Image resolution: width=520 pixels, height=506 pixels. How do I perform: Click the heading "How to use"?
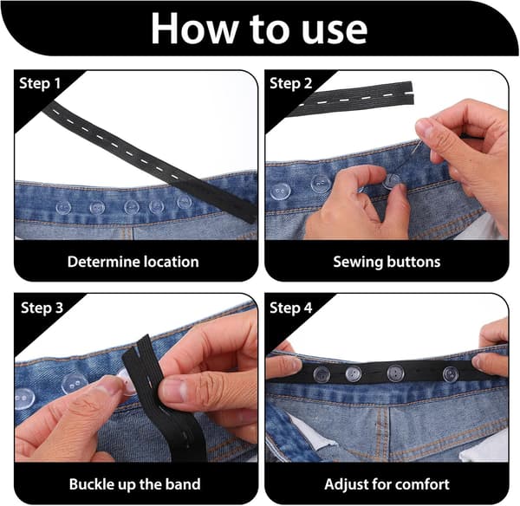[x=259, y=29]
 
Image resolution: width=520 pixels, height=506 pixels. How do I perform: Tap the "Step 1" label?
[x=40, y=83]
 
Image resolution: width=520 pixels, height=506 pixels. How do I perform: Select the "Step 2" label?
[x=291, y=83]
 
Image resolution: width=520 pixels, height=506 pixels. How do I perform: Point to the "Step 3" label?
[x=42, y=308]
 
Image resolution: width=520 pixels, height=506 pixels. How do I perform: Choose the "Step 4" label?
[x=291, y=308]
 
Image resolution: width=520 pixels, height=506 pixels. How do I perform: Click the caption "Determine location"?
[x=133, y=262]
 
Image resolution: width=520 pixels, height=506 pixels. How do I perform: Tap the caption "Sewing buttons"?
[x=387, y=262]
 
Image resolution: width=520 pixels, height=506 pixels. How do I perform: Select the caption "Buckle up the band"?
[x=134, y=484]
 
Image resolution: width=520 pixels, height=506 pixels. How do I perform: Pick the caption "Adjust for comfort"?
[x=387, y=484]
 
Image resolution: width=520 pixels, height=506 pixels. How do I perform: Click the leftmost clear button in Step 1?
[x=63, y=208]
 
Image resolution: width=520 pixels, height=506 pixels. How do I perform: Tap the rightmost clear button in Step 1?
[x=185, y=202]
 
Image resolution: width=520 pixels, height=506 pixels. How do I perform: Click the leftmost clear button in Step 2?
[x=281, y=192]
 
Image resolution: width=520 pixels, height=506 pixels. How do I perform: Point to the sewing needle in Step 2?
[x=417, y=147]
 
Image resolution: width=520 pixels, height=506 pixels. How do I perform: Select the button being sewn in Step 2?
[x=393, y=181]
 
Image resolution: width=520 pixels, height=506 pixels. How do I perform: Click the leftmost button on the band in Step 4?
[x=322, y=374]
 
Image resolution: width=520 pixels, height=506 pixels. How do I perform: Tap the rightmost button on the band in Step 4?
[x=451, y=373]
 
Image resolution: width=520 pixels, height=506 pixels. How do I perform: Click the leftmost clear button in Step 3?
[x=23, y=399]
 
